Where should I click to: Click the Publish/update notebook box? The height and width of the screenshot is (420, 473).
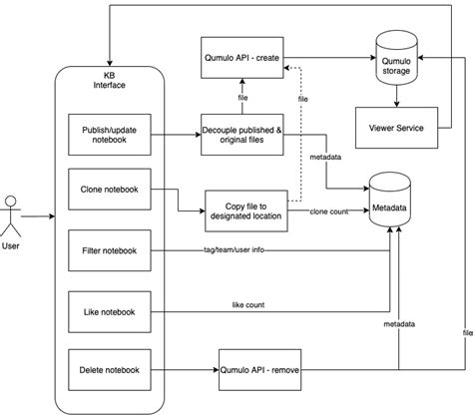[111, 137]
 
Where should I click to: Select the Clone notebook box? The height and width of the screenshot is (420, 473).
[111, 190]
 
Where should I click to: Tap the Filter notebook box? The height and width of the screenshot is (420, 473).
[111, 249]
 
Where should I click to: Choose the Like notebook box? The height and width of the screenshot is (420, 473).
[111, 310]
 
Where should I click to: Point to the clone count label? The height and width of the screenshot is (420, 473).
[328, 211]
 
